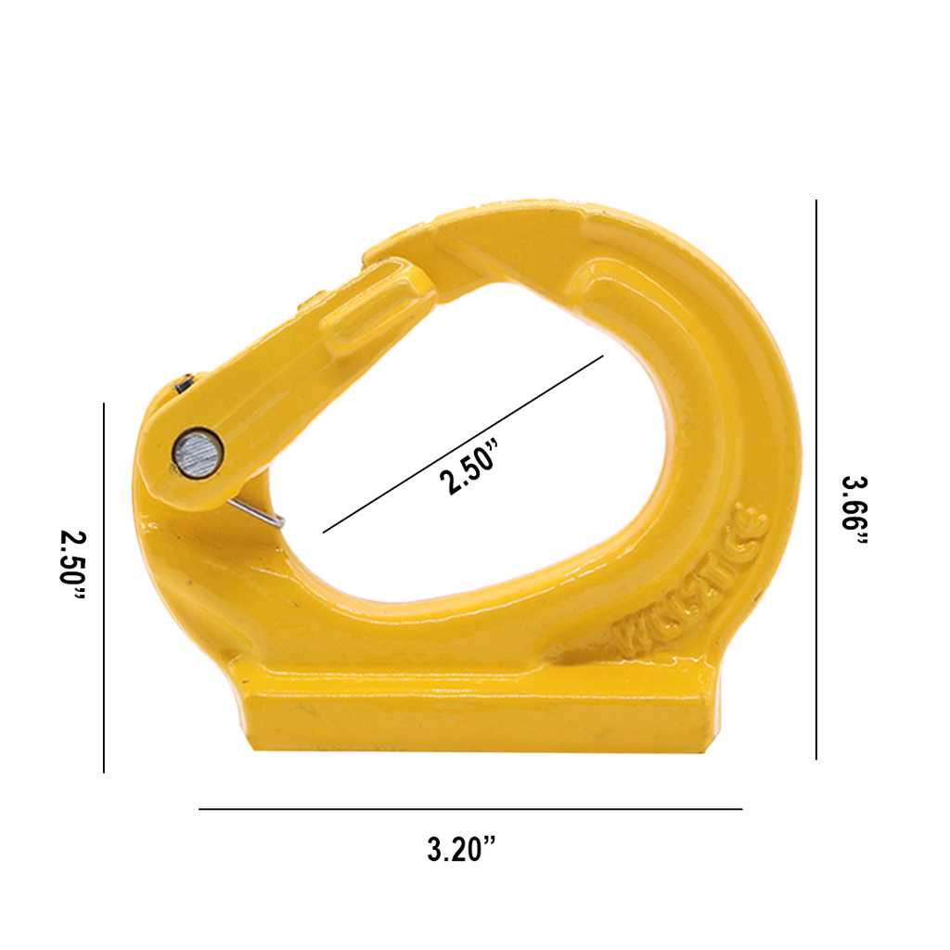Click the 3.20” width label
pos(462,848)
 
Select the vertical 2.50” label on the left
pos(71,571)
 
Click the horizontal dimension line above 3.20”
pos(470,809)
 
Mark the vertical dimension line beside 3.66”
pos(816,479)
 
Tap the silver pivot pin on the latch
pos(197,454)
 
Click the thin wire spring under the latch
pos(260,512)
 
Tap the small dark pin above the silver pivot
pos(184,382)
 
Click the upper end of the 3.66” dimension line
pos(816,201)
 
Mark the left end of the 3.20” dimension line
pos(200,809)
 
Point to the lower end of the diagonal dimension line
pos(324,533)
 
